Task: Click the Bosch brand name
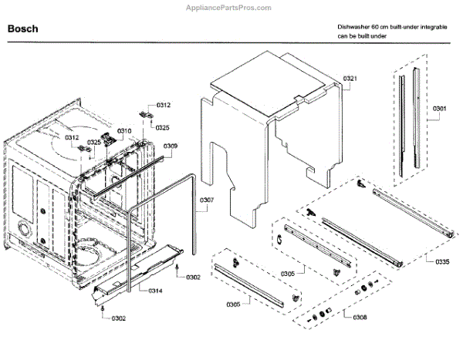23,29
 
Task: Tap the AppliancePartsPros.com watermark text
231,6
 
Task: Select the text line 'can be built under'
363,36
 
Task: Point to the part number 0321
350,79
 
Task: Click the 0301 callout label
439,109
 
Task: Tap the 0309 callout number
171,146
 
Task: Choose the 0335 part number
441,262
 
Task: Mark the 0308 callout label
360,317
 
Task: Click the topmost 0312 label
164,105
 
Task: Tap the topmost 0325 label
163,127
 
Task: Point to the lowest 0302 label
119,318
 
